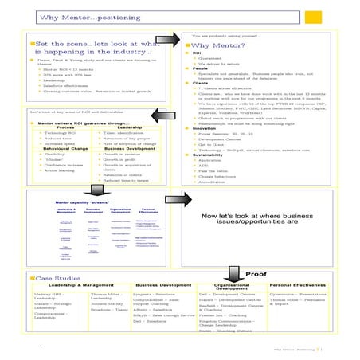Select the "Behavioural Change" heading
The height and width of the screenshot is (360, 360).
55,148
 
